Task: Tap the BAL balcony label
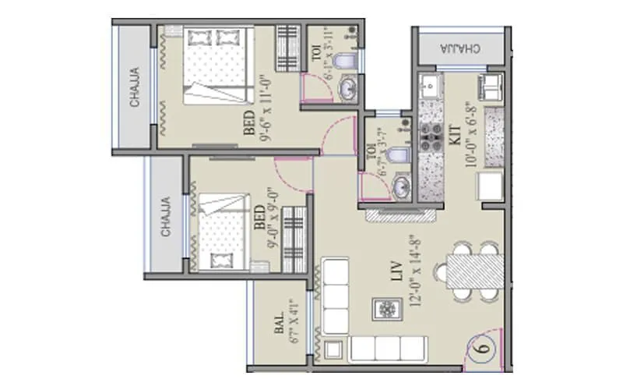point(278,327)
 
